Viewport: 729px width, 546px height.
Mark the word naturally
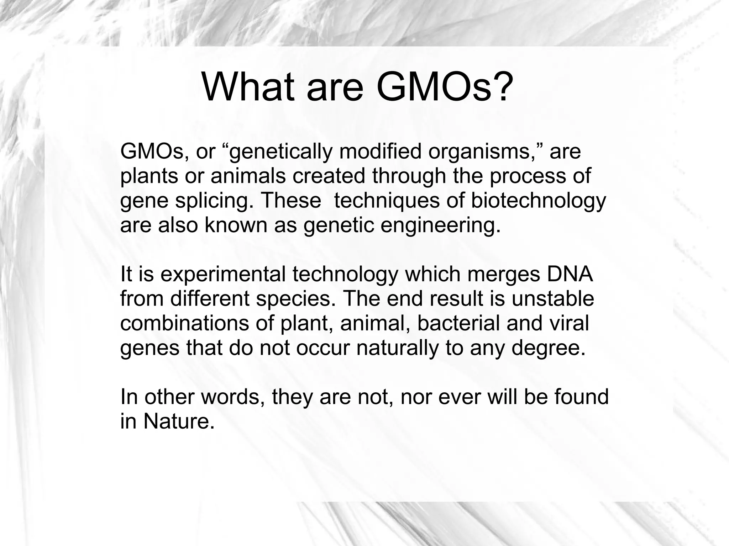click(397, 349)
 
